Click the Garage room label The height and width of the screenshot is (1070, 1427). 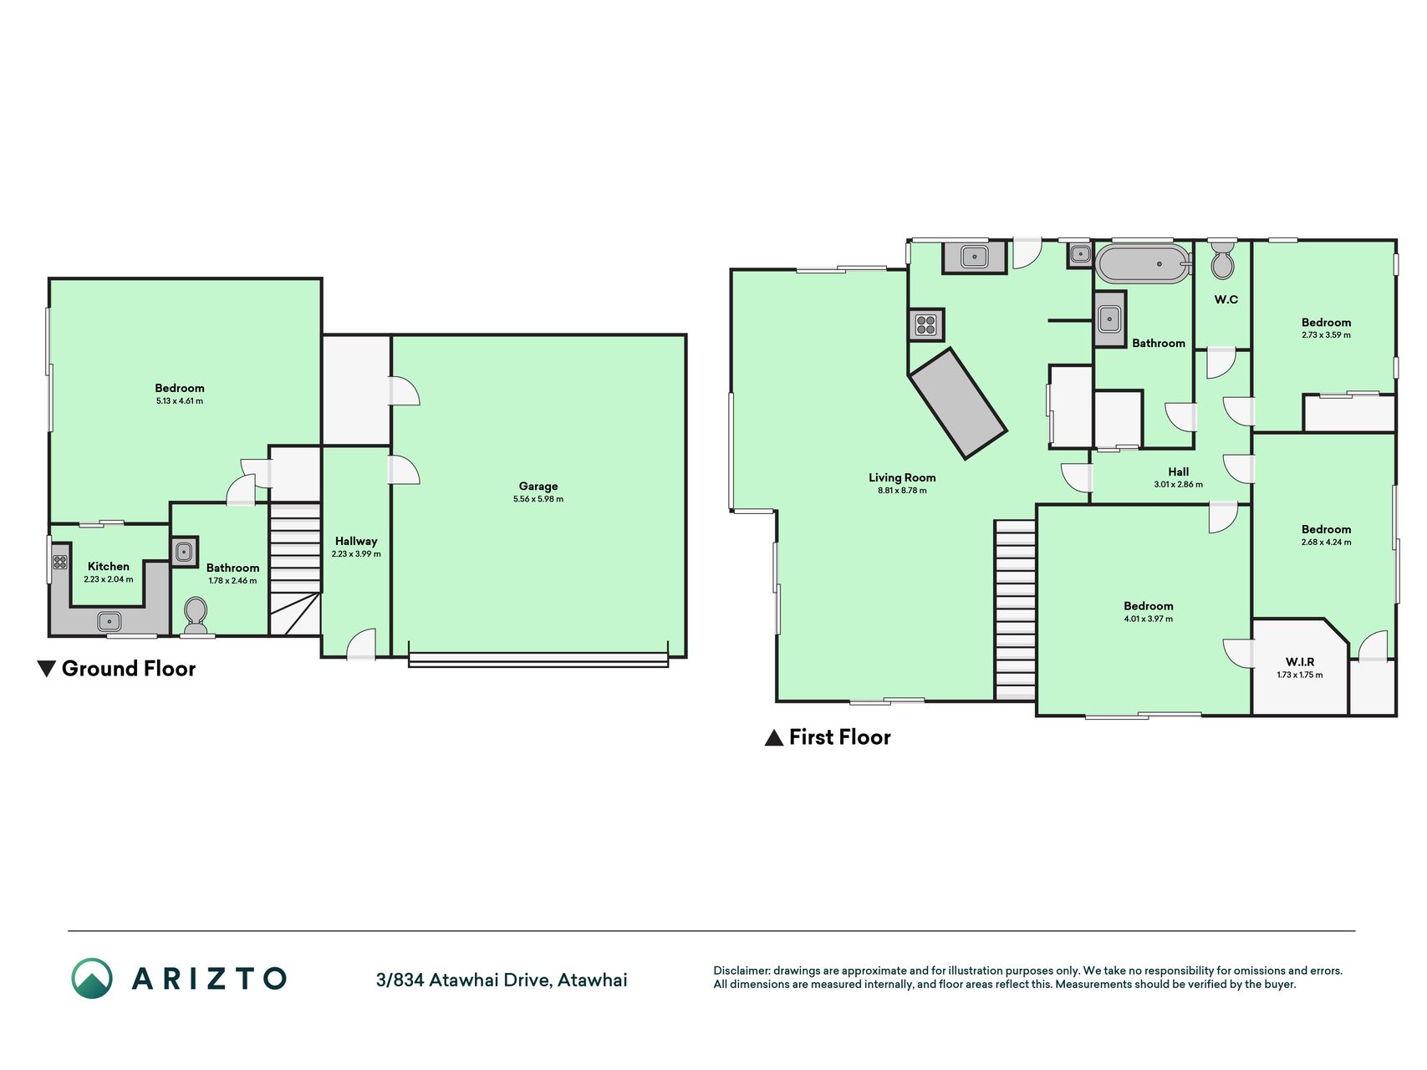pyautogui.click(x=538, y=486)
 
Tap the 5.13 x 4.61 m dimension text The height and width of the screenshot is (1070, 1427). pyautogui.click(x=179, y=401)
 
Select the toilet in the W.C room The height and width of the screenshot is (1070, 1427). pyautogui.click(x=1221, y=260)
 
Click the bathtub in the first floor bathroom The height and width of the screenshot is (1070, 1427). pyautogui.click(x=1143, y=264)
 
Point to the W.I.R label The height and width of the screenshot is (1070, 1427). pyautogui.click(x=1300, y=662)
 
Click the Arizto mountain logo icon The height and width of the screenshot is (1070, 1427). pyautogui.click(x=91, y=978)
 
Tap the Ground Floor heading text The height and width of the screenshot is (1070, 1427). pyautogui.click(x=129, y=669)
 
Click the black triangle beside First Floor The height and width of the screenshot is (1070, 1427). pyautogui.click(x=774, y=737)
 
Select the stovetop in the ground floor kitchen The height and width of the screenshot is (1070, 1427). pyautogui.click(x=60, y=562)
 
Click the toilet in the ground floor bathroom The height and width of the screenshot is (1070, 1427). pyautogui.click(x=196, y=614)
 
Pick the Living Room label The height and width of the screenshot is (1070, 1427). pyautogui.click(x=902, y=478)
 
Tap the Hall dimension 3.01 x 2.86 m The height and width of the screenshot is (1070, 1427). pyautogui.click(x=1178, y=485)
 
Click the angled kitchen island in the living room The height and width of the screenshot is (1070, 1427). pyautogui.click(x=958, y=403)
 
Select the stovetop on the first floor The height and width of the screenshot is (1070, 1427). pyautogui.click(x=926, y=324)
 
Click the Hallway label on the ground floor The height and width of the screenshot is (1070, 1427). pyautogui.click(x=356, y=541)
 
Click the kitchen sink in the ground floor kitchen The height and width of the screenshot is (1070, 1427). pyautogui.click(x=110, y=621)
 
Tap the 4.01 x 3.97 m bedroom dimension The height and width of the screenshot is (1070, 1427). pyautogui.click(x=1148, y=619)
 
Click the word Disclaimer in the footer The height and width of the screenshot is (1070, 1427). pyautogui.click(x=741, y=971)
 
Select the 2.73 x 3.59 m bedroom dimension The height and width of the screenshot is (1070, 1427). pyautogui.click(x=1326, y=335)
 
